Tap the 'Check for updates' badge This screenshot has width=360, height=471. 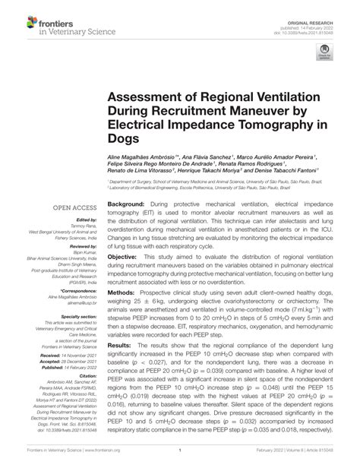click(324, 71)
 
